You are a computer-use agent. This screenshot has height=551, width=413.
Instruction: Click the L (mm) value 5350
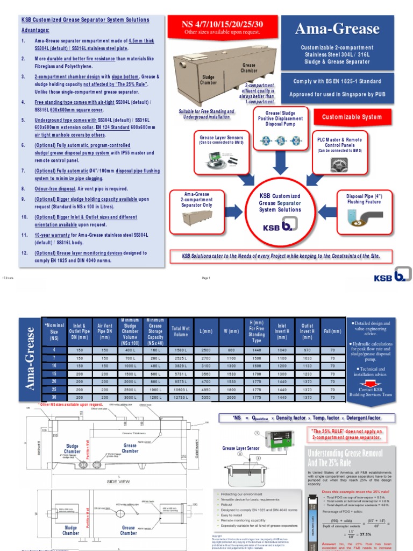pos(205,397)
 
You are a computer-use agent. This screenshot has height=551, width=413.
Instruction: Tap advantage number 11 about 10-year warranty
pos(91,238)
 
